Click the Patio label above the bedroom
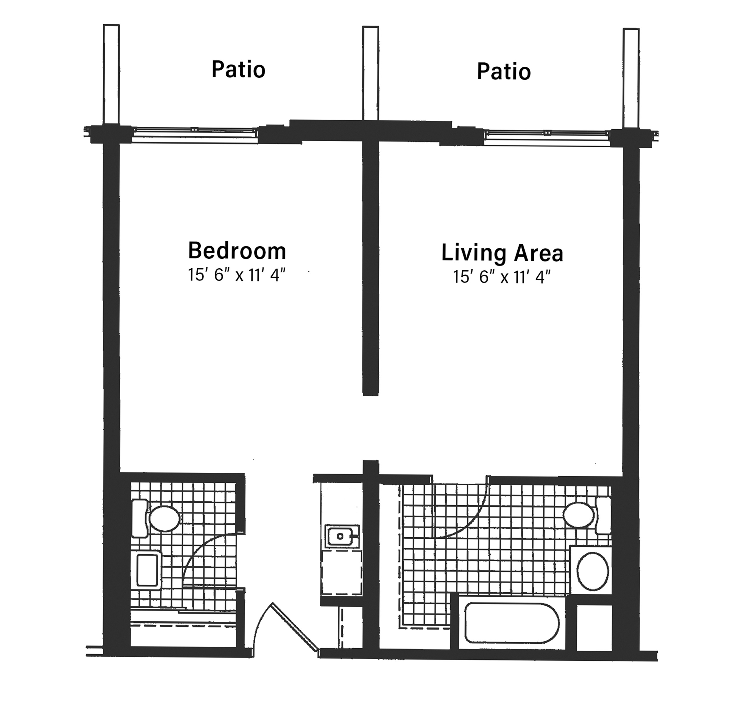(238, 70)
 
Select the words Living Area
(502, 253)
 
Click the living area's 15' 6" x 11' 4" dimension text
(502, 277)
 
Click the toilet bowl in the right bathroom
(579, 515)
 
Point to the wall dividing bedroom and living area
(370, 268)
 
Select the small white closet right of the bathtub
(594, 628)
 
